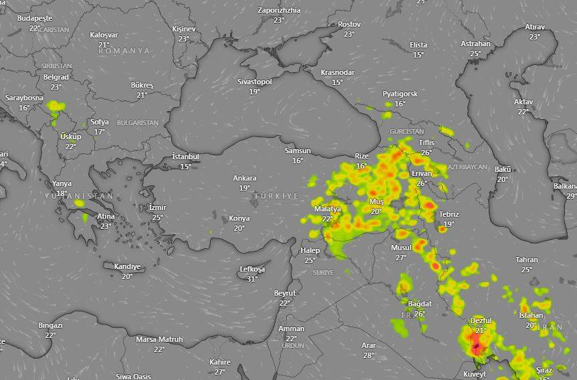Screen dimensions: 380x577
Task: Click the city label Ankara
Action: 244,179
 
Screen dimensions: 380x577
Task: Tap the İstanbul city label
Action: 185,157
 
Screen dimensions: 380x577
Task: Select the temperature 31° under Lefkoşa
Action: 252,279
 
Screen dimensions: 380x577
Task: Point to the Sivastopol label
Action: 254,82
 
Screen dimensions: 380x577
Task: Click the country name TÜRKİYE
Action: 277,196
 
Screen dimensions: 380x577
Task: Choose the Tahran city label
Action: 527,260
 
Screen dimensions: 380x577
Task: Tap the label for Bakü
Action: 503,169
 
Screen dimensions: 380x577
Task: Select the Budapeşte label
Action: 35,19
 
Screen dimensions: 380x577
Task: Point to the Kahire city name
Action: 219,362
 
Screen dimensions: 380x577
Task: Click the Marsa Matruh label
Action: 159,339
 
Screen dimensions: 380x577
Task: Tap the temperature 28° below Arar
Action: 368,355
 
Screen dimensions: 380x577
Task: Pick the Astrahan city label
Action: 475,44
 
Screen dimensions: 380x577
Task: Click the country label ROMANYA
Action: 124,51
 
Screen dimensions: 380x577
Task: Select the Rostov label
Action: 349,24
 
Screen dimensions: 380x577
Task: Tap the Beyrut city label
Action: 285,294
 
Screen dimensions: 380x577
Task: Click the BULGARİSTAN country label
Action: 138,123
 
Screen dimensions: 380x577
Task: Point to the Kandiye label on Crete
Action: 127,266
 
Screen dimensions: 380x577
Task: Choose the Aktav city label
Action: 524,102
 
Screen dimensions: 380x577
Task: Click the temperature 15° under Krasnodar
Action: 337,82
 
